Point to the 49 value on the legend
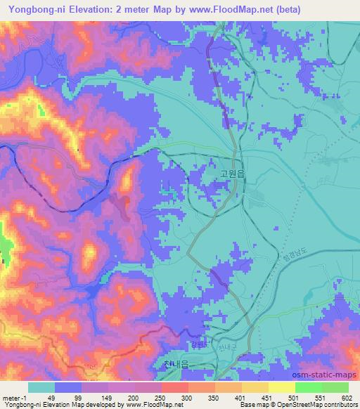[x=41, y=397]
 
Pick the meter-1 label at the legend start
[x=15, y=397]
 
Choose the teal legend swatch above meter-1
[x=41, y=387]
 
